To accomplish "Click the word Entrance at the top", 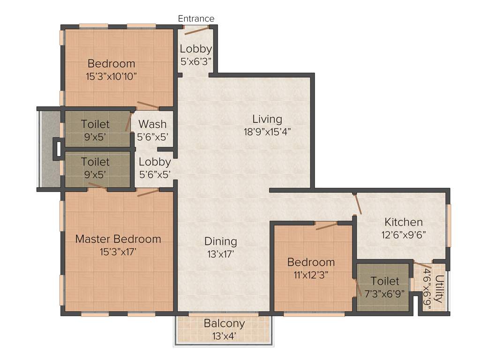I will point(196,19).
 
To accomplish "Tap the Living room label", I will point(267,119).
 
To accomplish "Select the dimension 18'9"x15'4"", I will point(267,132).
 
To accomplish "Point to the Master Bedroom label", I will point(118,239).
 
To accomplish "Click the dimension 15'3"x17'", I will point(118,252).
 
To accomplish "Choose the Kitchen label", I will point(403,222).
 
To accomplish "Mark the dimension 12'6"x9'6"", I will point(403,234).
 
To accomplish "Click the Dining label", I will point(220,242).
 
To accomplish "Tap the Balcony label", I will point(224,323).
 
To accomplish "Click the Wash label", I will point(153,124).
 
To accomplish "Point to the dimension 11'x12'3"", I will point(311,275).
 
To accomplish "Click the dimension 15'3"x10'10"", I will point(112,76).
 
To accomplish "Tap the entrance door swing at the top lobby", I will point(196,31).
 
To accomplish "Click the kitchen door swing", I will point(358,204).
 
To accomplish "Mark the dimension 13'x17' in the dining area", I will point(220,254).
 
